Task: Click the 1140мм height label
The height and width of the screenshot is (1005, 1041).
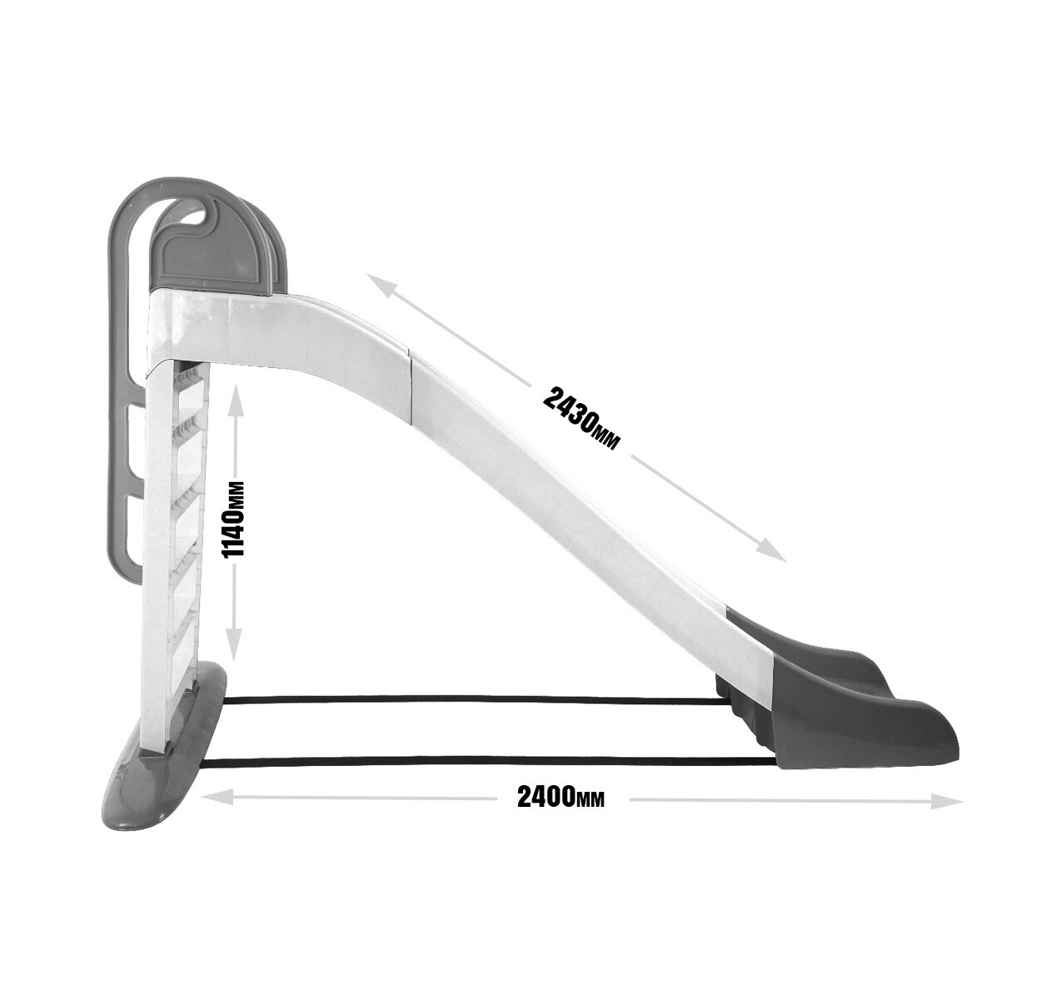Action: [234, 520]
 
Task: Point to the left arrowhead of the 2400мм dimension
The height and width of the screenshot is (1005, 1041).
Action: [213, 797]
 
